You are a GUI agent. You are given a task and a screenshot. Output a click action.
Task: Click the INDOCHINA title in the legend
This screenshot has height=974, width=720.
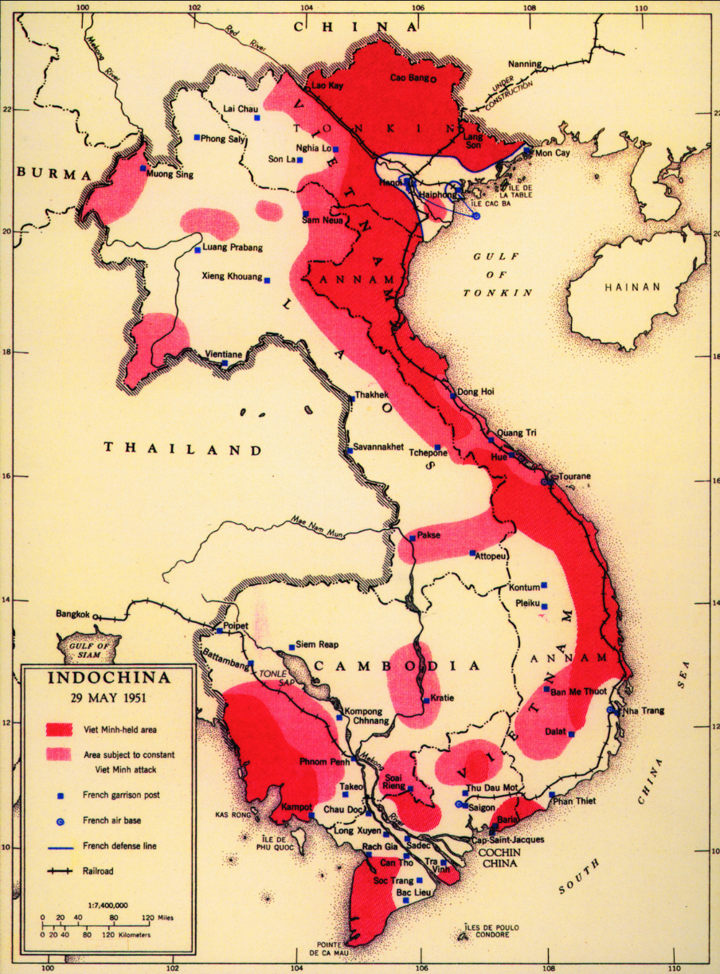109,679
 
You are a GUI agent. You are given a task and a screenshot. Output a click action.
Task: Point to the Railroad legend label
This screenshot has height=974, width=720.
98,871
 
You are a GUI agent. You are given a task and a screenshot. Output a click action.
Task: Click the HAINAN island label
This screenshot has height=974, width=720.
632,287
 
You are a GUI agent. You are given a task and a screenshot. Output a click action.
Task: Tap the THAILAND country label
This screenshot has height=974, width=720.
183,449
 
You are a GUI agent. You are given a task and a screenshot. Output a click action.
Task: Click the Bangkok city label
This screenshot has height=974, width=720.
73,615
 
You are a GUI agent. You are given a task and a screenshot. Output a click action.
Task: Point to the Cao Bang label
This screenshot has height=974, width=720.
408,78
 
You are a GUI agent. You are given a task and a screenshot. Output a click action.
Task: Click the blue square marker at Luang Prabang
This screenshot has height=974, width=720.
198,250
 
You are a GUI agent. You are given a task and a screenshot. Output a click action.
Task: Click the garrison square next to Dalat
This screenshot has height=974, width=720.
571,734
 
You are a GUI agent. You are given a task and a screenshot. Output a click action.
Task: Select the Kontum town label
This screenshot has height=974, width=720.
524,587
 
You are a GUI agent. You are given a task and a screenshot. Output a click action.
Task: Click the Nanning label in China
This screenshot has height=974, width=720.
523,65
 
